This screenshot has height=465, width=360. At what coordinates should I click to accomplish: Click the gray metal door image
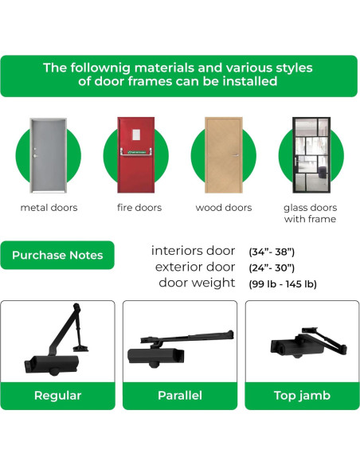pos(46,154)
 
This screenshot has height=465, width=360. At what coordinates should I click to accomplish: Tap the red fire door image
pos(135,154)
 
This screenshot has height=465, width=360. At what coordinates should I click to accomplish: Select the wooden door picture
pos(223,154)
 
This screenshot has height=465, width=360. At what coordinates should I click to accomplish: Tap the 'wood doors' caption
pos(224,208)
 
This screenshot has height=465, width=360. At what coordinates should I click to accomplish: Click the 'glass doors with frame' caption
pos(310,213)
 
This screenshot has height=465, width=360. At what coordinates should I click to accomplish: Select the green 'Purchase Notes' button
pos(57,256)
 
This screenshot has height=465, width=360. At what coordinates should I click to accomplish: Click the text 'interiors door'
pos(193,251)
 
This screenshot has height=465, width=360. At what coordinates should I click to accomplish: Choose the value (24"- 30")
pos(272,268)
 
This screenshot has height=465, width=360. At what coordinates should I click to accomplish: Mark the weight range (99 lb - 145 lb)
pos(283,283)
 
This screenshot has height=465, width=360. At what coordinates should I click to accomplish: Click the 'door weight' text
pos(197,283)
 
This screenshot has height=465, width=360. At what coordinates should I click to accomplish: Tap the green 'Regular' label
pos(57,395)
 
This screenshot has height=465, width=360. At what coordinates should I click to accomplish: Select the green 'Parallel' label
pos(180,395)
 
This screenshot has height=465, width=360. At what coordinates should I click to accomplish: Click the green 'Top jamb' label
pos(302,395)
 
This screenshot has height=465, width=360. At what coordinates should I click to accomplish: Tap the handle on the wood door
pos(237,153)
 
